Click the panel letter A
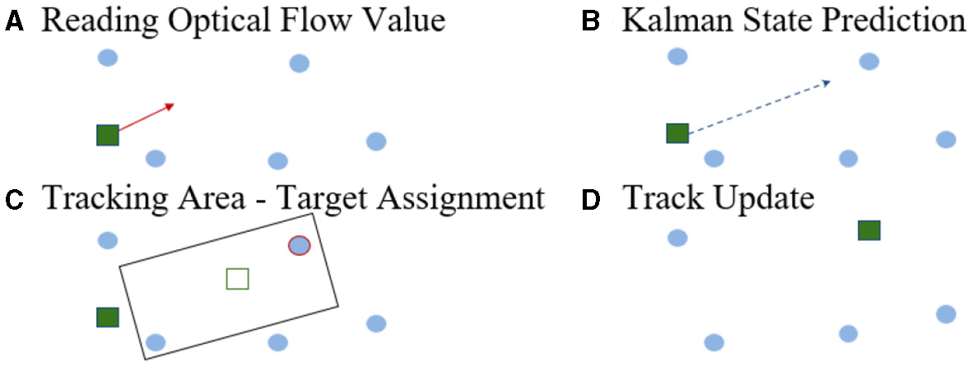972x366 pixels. [x=13, y=22]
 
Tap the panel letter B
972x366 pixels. [x=590, y=22]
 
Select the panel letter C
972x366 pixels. [x=13, y=200]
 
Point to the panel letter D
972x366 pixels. [x=590, y=200]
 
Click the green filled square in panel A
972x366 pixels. [x=108, y=135]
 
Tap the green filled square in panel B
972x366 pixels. [x=677, y=132]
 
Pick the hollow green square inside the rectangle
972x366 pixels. [x=237, y=279]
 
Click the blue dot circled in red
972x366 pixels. [x=299, y=245]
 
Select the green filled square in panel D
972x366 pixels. [x=869, y=230]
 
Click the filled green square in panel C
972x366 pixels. [x=108, y=317]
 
